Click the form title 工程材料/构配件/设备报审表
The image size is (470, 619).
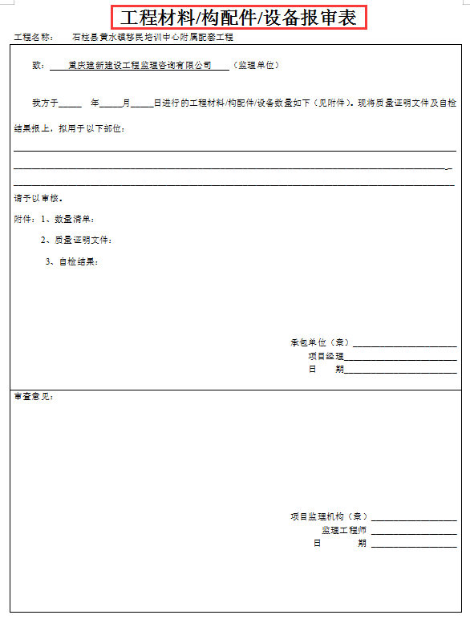(x=239, y=18)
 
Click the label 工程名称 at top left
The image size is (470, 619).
(x=33, y=38)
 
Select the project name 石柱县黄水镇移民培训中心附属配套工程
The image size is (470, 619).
(x=152, y=38)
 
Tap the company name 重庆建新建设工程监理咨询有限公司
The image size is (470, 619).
(x=140, y=65)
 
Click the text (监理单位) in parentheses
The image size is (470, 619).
(x=255, y=65)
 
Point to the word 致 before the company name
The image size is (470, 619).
(x=37, y=65)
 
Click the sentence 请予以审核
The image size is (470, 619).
(x=38, y=198)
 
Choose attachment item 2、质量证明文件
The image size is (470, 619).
(x=78, y=240)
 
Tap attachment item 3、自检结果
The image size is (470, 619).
(x=73, y=261)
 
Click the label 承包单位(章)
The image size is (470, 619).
(x=319, y=342)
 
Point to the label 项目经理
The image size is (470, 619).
(x=326, y=356)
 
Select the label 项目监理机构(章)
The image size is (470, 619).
(x=329, y=517)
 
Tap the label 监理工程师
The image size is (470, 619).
(x=344, y=530)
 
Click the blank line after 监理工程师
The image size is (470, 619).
(x=414, y=532)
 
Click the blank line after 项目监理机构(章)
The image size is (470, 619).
(x=414, y=520)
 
